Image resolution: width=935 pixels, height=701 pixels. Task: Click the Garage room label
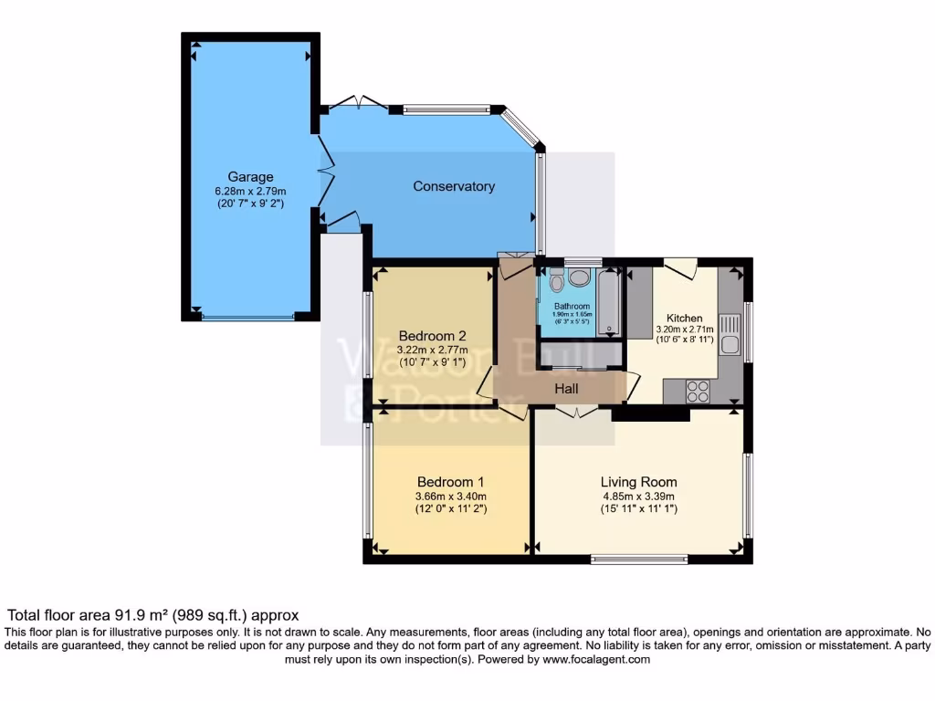click(x=250, y=177)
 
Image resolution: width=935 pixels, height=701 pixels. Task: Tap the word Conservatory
click(x=454, y=186)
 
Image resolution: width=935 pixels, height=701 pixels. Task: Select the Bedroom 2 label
click(x=432, y=335)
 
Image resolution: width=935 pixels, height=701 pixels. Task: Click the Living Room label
click(x=638, y=482)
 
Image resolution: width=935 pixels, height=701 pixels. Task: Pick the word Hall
click(x=567, y=388)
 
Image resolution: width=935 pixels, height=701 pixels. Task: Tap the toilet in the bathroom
click(x=558, y=282)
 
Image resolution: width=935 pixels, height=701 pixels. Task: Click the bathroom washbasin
click(x=579, y=279)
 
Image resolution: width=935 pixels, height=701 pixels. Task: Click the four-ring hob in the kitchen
click(x=698, y=391)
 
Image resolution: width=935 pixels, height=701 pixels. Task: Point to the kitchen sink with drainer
click(x=730, y=334)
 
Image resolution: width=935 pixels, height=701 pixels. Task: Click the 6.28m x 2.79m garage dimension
click(x=250, y=192)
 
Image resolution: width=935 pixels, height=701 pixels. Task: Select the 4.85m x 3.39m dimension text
click(x=638, y=497)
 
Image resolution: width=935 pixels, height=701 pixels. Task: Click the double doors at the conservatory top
click(x=360, y=102)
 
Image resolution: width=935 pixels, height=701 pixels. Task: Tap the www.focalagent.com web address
click(x=596, y=659)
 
